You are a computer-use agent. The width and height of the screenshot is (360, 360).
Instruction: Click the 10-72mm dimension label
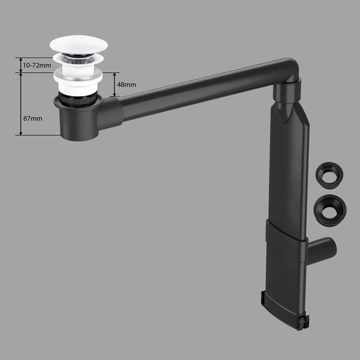click(37, 65)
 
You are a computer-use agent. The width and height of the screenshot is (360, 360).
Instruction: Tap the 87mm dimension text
click(33, 119)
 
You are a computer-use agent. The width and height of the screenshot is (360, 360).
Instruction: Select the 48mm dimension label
click(127, 85)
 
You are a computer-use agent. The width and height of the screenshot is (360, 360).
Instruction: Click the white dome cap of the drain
click(79, 45)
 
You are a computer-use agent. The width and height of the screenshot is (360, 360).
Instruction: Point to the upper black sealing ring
click(330, 175)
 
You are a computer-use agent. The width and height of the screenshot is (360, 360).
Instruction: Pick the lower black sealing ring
click(330, 210)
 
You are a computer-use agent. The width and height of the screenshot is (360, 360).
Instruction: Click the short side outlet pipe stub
click(322, 251)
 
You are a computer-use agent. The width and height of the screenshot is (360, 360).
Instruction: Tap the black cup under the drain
click(78, 119)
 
